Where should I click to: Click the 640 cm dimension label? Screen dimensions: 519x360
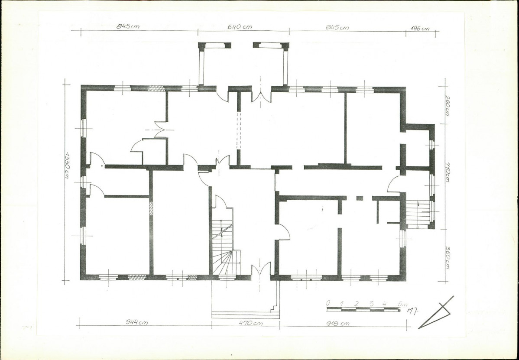tap(240, 27)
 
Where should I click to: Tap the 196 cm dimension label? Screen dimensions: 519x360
tap(420, 29)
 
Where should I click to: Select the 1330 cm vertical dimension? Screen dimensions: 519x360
tap(67, 165)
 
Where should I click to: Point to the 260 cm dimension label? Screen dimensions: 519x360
tap(447, 105)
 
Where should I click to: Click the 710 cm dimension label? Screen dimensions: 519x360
tap(447, 172)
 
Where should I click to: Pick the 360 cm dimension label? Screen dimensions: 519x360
tap(447, 257)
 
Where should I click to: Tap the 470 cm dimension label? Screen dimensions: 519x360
tap(251, 323)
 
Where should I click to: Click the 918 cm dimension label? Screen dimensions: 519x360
tap(337, 323)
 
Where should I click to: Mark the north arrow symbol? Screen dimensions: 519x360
tap(436, 313)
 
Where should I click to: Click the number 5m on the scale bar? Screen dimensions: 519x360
tap(403, 304)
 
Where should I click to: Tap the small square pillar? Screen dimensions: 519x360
tap(360, 198)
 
